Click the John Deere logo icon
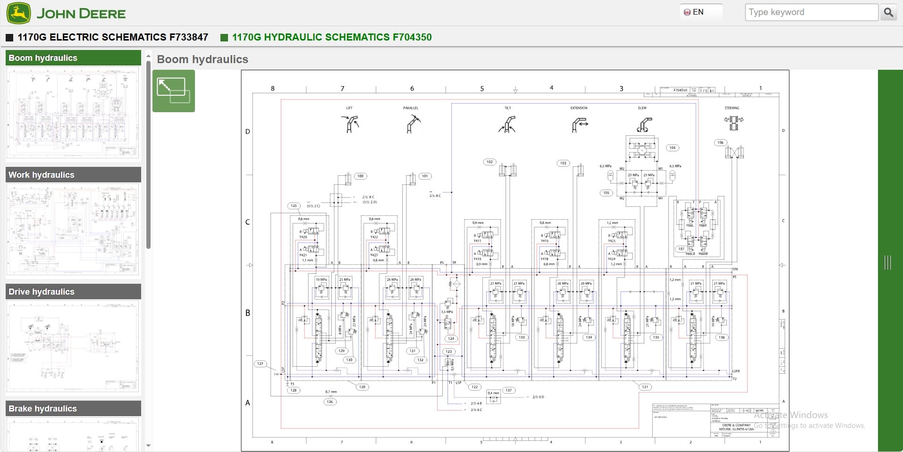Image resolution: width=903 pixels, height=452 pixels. (18, 13)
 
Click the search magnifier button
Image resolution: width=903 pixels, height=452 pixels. (888, 12)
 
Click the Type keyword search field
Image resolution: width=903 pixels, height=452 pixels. (811, 12)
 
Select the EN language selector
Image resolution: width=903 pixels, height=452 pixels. (694, 12)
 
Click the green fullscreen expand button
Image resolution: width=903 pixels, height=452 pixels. (173, 91)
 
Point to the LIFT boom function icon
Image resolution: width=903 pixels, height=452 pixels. (349, 124)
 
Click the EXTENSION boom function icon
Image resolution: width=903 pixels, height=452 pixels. (579, 124)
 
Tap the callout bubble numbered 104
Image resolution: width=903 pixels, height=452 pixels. (672, 148)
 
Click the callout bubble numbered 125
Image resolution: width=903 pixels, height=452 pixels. (294, 206)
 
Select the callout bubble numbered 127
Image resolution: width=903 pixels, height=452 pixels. (260, 364)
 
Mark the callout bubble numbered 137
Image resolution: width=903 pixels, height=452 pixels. (508, 390)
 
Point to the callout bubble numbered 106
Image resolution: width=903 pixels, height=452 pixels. (720, 142)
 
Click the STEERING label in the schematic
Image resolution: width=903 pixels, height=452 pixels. (732, 108)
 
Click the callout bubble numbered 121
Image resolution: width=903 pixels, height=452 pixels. (645, 387)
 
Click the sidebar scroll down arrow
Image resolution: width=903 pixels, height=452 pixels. (148, 445)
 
